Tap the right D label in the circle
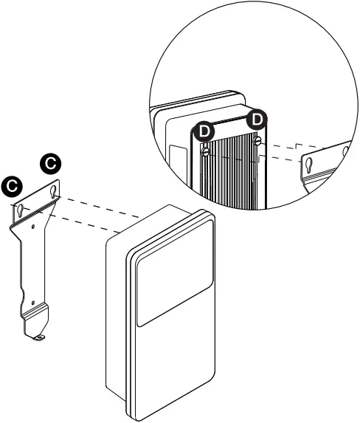[x=257, y=118]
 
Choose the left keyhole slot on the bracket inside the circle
[x=309, y=162]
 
